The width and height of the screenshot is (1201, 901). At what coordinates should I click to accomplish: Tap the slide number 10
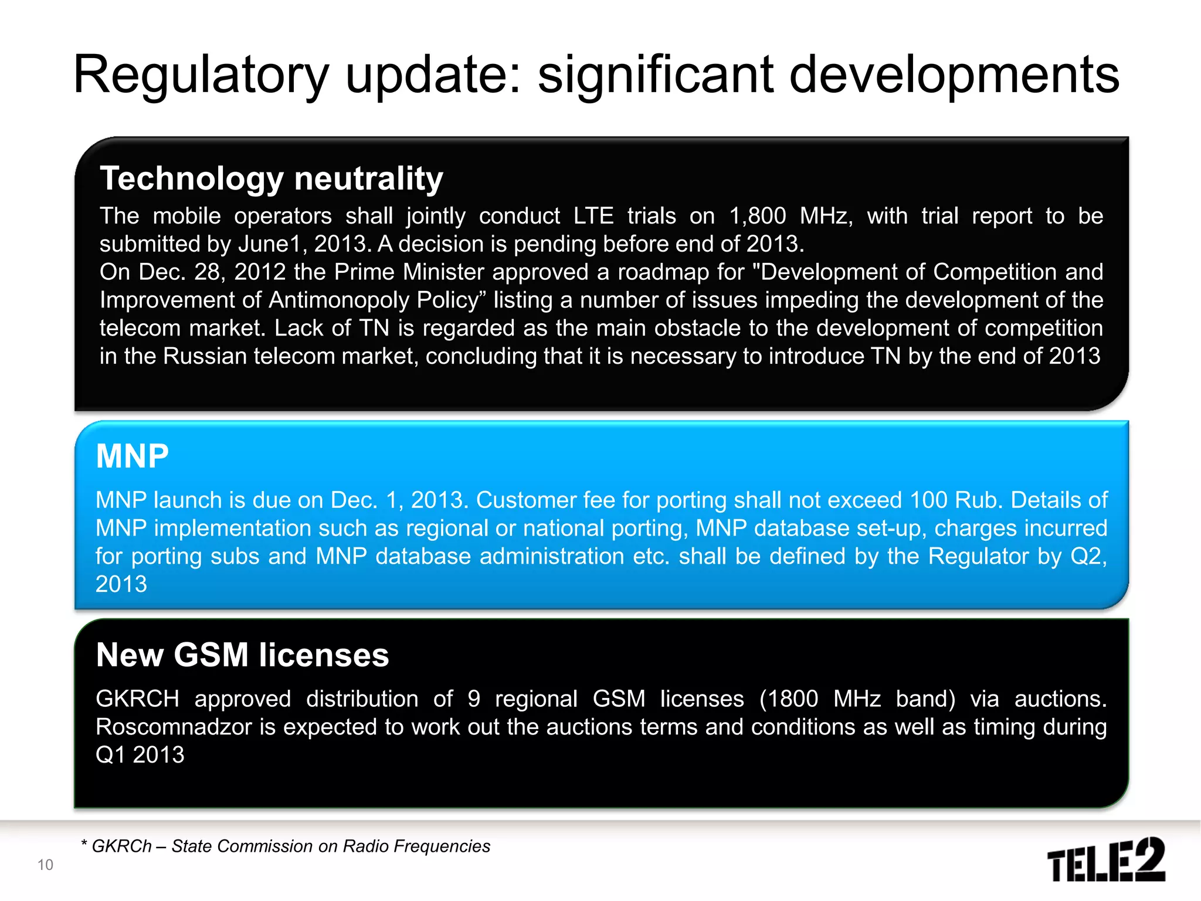click(x=45, y=865)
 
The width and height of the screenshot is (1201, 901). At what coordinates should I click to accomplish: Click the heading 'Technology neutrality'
click(x=272, y=178)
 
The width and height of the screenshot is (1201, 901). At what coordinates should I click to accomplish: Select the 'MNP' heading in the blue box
click(x=133, y=456)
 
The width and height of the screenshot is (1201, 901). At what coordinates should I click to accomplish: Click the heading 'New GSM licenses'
click(x=242, y=655)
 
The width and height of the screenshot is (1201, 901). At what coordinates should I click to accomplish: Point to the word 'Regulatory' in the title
click(x=201, y=74)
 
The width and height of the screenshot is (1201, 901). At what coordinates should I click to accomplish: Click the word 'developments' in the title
click(x=954, y=74)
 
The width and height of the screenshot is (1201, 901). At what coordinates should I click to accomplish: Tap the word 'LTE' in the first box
click(x=593, y=216)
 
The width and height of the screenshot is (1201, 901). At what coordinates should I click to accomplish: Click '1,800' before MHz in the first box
click(x=757, y=216)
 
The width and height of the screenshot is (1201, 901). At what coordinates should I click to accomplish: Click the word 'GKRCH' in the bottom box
click(x=137, y=699)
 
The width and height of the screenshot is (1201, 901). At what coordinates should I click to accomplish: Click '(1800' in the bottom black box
click(x=788, y=699)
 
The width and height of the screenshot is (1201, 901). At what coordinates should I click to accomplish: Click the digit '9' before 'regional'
click(x=474, y=699)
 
